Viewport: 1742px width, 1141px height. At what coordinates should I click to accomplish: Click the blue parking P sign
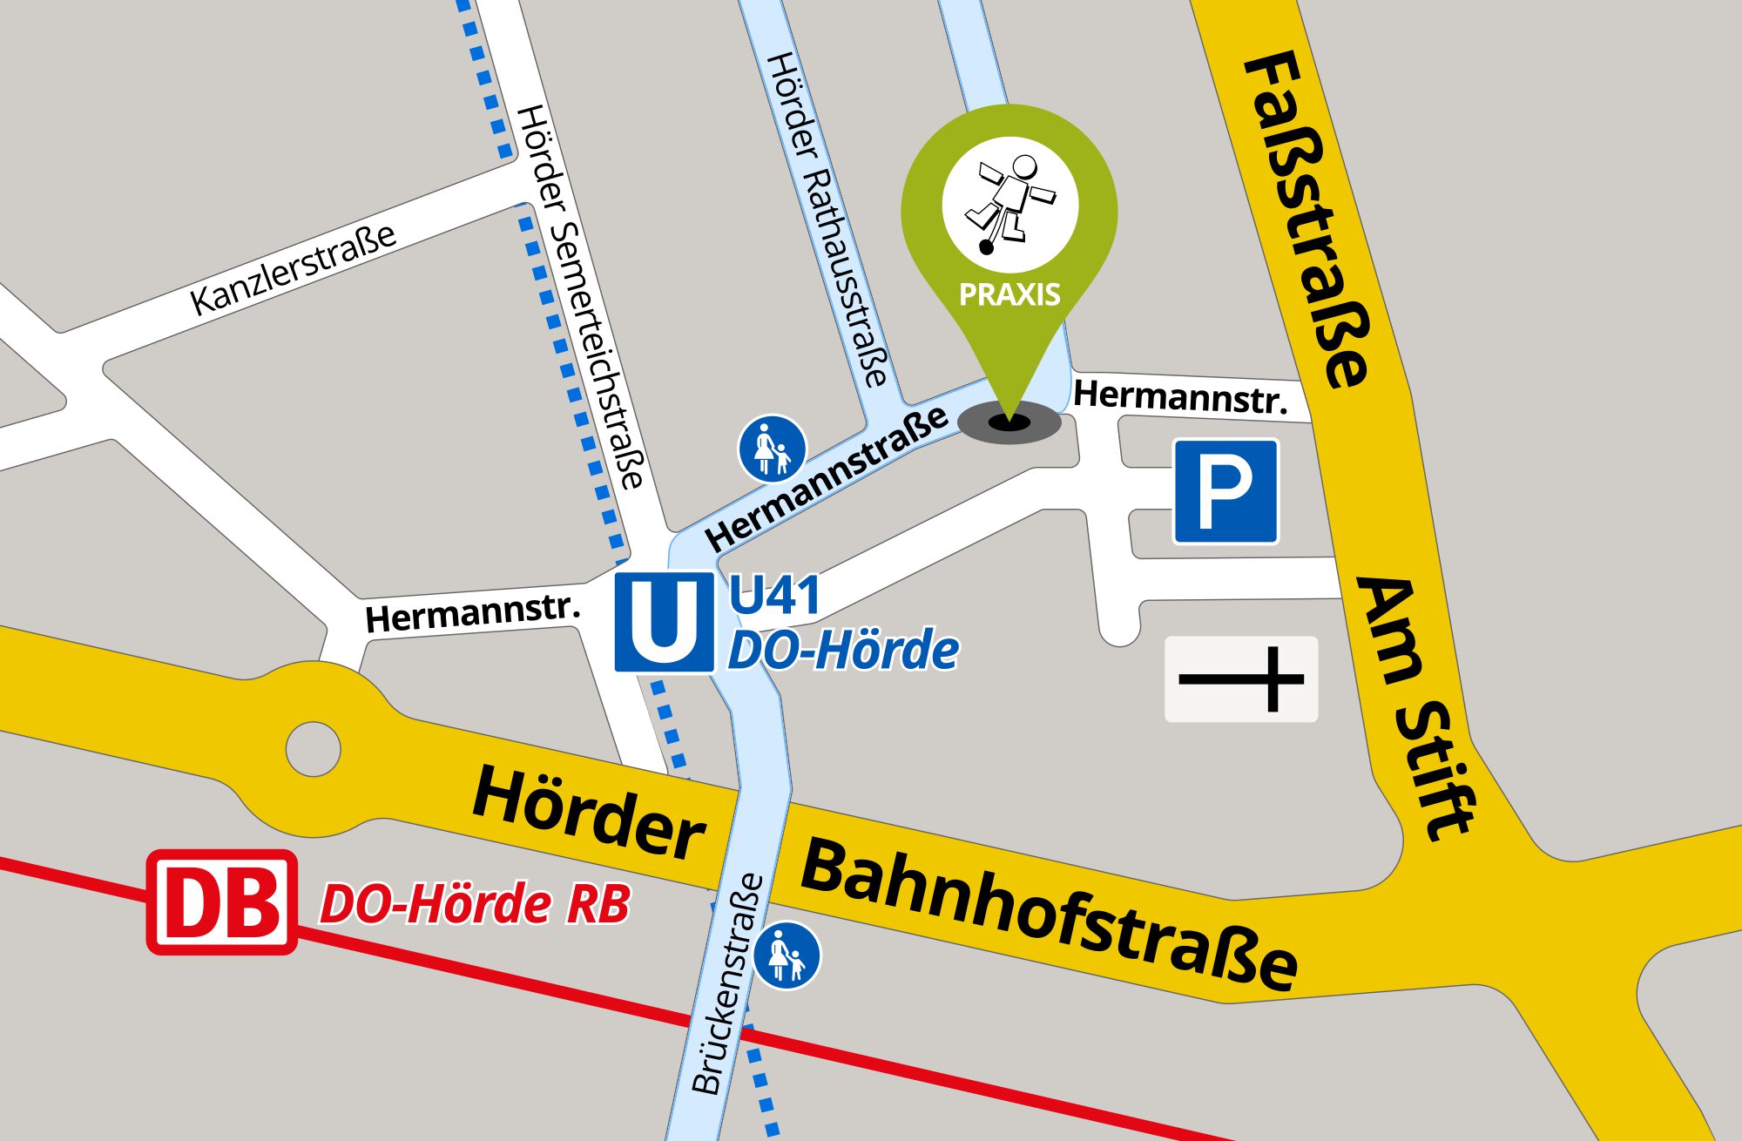coord(1225,491)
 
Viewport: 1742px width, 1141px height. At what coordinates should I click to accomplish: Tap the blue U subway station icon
coord(664,621)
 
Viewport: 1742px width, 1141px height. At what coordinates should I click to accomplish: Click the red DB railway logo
coord(222,902)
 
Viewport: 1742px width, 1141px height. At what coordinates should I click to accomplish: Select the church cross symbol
coord(1241,679)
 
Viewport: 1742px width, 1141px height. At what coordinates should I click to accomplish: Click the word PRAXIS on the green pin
coord(1009,294)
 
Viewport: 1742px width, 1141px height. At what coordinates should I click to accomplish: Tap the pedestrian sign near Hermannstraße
coord(772,448)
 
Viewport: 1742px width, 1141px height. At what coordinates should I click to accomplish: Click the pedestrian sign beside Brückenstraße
coord(787,955)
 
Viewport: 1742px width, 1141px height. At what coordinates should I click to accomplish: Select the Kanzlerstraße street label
coord(294,268)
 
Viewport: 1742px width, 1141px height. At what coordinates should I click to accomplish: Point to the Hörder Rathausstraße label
coord(827,218)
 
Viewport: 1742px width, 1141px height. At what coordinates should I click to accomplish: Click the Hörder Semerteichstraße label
coord(580,296)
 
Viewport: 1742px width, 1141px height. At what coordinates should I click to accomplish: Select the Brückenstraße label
coord(728,984)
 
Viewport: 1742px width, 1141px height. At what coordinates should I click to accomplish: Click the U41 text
coord(774,597)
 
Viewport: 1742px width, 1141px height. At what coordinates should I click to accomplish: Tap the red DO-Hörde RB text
coord(476,904)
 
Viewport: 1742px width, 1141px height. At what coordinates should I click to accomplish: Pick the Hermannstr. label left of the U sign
coord(472,613)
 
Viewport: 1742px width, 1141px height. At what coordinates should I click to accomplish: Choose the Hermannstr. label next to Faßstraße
coord(1180,396)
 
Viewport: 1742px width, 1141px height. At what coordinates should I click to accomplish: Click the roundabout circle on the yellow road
coord(313,748)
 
